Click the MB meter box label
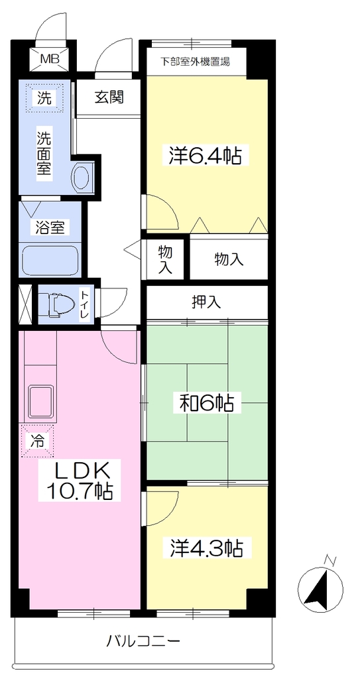pos(50,58)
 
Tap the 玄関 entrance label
pos(109,97)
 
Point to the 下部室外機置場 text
pos(195,62)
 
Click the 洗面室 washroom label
pos(44,153)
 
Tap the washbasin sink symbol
pos(81,177)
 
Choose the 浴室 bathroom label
pos(50,228)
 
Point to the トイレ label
pos(84,306)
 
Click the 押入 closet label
pos(207,302)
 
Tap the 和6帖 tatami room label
pos(207,404)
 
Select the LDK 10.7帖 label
pos(82,480)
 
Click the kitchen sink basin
pos(41,401)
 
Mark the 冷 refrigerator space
pos(38,440)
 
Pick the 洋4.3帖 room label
pos(202,548)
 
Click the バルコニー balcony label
pos(143,640)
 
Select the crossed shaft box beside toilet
pos(25,304)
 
